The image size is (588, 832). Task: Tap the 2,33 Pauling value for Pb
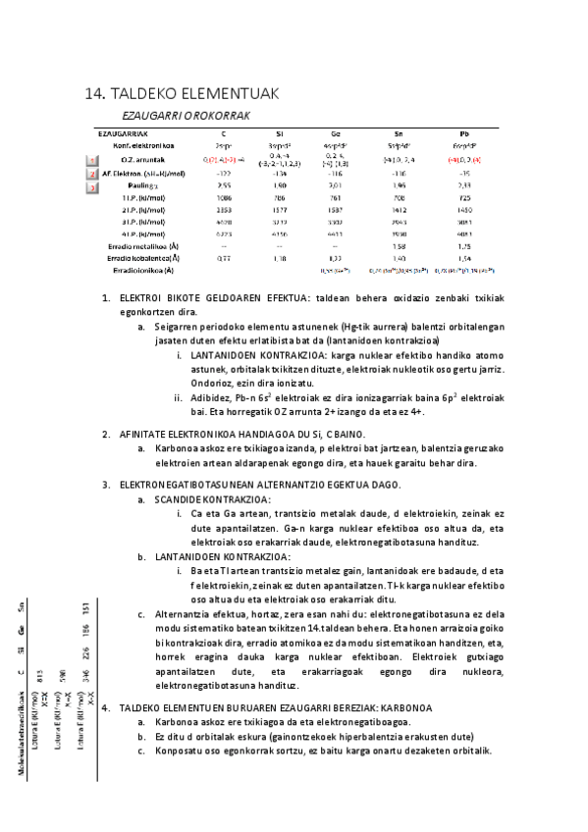tap(464, 185)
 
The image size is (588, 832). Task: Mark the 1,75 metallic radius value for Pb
tap(464, 245)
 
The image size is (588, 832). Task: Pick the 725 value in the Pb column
tap(464, 198)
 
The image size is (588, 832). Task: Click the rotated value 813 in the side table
tap(39, 674)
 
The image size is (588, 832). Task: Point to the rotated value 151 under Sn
tap(86, 608)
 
